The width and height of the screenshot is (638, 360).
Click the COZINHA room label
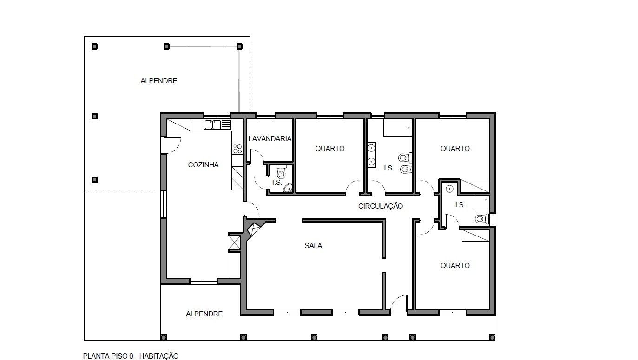[x=203, y=164]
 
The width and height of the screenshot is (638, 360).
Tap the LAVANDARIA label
[x=270, y=139]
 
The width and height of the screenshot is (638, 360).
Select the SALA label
[x=313, y=246]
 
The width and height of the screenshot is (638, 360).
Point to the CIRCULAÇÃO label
[x=381, y=206]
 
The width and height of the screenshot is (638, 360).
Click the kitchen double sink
[x=213, y=125]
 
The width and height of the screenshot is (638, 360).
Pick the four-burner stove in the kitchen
[x=237, y=149]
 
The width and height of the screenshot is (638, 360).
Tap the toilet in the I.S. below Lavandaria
[x=281, y=171]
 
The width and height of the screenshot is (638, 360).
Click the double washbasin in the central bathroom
[x=371, y=155]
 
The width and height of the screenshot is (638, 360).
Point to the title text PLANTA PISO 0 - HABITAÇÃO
[x=131, y=356]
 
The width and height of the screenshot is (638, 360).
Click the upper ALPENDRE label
[x=158, y=81]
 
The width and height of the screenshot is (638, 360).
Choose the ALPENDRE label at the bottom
[x=204, y=314]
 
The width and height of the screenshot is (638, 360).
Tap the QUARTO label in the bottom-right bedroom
[x=455, y=265]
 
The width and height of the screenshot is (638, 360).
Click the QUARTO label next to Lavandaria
[x=330, y=148]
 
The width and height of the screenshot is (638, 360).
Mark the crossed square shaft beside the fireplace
[x=235, y=242]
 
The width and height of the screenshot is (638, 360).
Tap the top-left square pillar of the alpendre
[x=94, y=46]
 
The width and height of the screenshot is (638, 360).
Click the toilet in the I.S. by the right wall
[x=481, y=219]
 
